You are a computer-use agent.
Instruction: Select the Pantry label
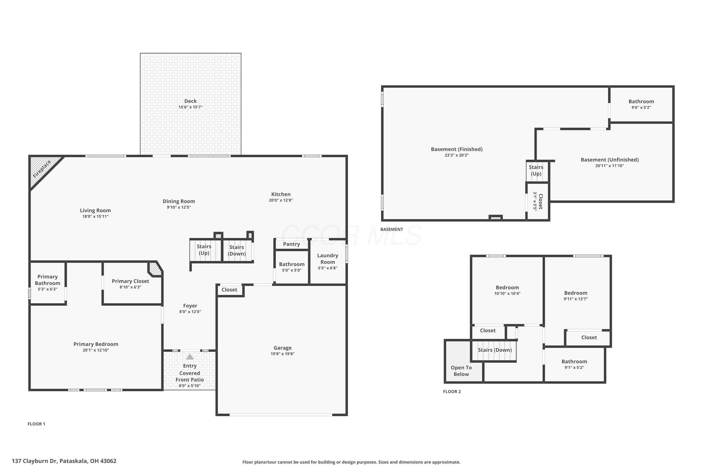[292, 244]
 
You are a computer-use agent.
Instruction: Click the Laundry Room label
[328, 259]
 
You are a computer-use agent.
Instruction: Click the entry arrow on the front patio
[190, 357]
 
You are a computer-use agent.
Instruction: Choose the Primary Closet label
[130, 281]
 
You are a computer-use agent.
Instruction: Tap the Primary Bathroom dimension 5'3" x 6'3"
[48, 289]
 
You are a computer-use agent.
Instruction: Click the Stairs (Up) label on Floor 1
[204, 250]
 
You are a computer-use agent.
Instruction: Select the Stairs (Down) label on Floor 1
[237, 250]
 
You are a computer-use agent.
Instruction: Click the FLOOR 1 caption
[37, 424]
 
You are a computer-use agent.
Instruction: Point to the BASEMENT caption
[392, 229]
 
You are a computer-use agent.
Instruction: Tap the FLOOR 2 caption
[452, 392]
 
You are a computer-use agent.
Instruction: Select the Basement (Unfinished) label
[610, 160]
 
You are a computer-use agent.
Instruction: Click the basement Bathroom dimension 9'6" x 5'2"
[641, 107]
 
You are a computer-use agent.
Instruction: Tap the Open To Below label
[461, 371]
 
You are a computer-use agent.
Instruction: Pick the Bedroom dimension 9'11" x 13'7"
[576, 299]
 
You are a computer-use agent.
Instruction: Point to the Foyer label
[190, 306]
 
